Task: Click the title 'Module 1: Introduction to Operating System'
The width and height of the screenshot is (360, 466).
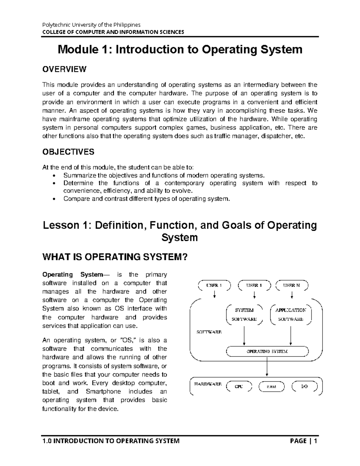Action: coord(180,50)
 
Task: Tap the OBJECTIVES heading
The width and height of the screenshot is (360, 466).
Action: coord(68,152)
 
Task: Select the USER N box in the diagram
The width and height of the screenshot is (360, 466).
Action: coord(292,285)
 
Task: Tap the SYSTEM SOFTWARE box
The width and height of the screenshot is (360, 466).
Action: coord(244,315)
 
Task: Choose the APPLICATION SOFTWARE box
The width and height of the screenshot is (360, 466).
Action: coord(291,315)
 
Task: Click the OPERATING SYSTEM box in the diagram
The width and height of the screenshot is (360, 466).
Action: coord(267,351)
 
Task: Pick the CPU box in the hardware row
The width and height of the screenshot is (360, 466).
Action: coord(238,386)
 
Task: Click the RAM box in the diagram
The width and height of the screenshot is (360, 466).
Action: coord(271,386)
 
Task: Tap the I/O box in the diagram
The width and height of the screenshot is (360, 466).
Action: coord(304,386)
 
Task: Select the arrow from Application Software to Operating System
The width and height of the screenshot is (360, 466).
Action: coord(291,335)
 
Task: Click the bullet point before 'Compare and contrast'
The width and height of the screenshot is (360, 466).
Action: coord(54,199)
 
